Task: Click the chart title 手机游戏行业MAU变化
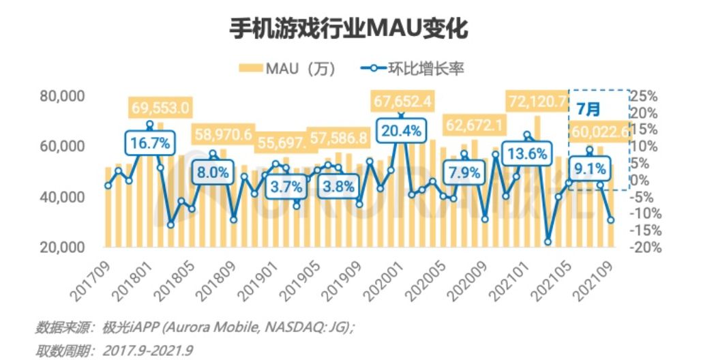coord(350,29)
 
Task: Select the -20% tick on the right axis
coord(644,247)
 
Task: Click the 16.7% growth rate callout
coord(149,143)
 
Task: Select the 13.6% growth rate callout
coord(526,153)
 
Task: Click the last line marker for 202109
coord(611,220)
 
